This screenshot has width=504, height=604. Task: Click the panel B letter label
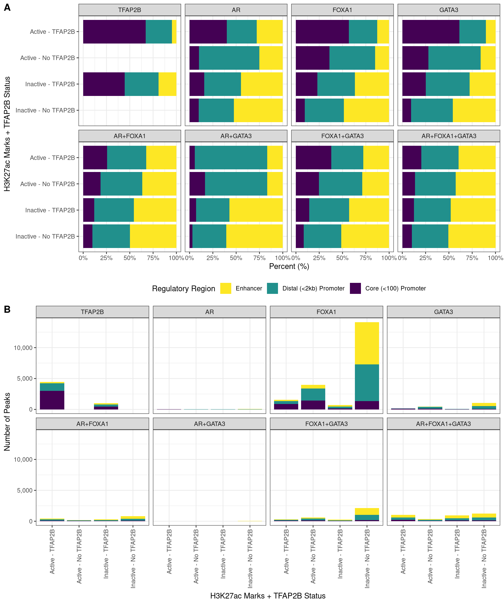click(7, 310)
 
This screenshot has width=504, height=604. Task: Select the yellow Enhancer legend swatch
click(225, 288)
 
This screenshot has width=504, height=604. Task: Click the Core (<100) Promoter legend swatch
click(355, 288)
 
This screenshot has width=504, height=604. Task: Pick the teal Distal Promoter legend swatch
click(272, 288)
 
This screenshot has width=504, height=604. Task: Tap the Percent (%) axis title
click(289, 266)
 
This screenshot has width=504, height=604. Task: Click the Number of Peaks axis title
click(7, 422)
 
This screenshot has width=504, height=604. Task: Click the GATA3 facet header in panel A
click(448, 10)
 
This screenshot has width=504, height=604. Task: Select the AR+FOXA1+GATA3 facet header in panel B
click(443, 424)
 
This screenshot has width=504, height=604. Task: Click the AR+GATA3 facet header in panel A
click(236, 136)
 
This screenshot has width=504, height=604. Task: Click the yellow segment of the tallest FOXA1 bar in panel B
click(367, 343)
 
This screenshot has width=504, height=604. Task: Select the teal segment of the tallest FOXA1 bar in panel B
click(367, 382)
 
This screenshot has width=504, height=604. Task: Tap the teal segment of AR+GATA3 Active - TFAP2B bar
click(231, 158)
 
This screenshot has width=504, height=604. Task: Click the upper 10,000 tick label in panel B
click(23, 348)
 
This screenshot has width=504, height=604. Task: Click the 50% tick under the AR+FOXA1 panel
click(130, 258)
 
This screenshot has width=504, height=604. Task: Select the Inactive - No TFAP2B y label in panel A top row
click(45, 110)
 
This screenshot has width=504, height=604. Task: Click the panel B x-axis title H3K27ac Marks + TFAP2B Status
click(267, 596)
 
